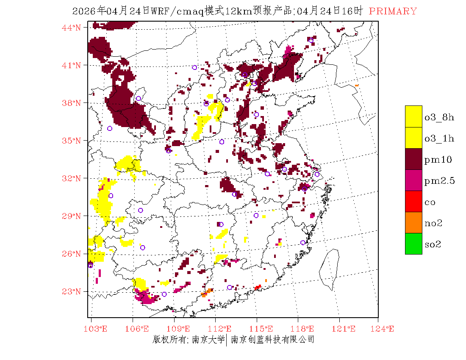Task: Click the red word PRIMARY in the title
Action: (393, 11)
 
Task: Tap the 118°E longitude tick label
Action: (305, 329)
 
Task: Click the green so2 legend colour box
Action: (413, 244)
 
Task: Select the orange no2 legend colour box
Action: (413, 222)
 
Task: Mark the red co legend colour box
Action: (413, 201)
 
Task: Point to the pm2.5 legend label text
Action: (439, 181)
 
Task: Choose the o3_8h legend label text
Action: (439, 117)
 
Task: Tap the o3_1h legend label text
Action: (439, 138)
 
